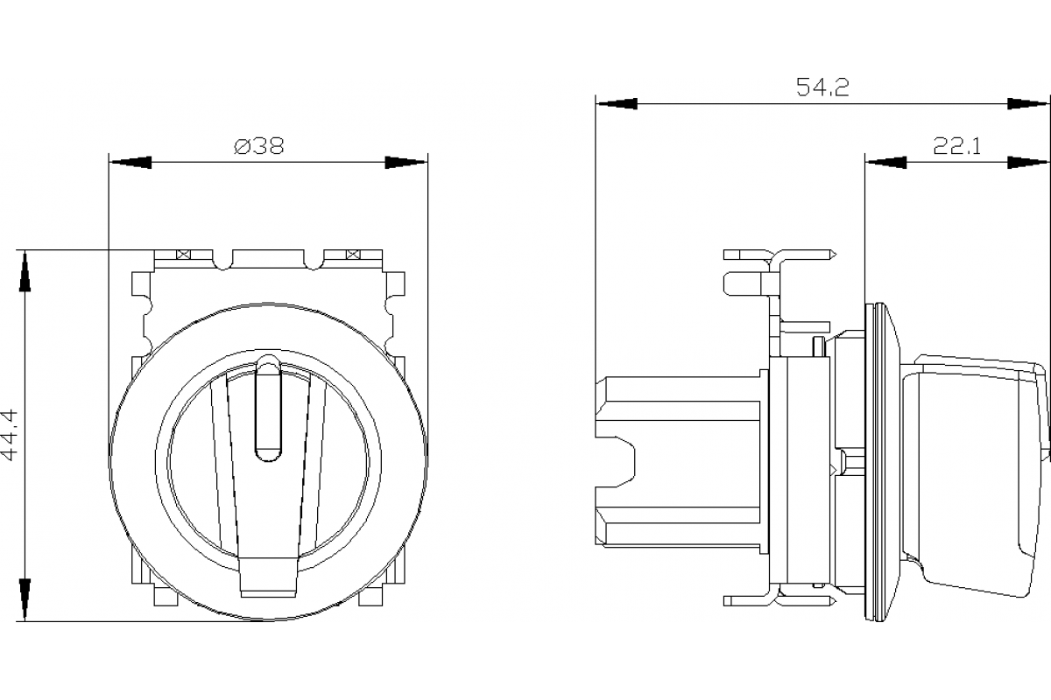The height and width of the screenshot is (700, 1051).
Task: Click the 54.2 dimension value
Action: point(823,87)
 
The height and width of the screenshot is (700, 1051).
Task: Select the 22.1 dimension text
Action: point(956,146)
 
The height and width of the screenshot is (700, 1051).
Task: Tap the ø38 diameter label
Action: point(259,146)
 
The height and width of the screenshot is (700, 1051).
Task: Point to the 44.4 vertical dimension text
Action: point(10,435)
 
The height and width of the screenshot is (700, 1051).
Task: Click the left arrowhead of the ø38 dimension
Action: point(130,163)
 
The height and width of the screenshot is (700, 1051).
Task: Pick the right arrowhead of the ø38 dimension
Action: point(406,163)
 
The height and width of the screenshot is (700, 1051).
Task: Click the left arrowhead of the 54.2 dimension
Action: point(617,103)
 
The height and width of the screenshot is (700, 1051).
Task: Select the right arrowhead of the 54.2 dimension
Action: point(1028,103)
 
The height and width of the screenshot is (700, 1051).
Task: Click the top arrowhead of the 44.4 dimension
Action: point(25,271)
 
